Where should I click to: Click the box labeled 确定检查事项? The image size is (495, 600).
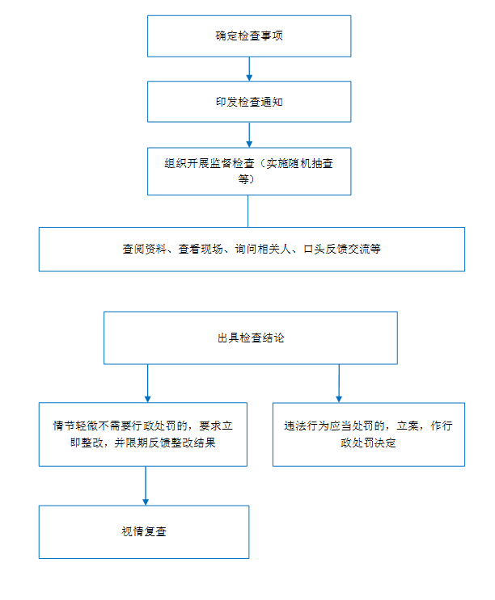click(x=249, y=36)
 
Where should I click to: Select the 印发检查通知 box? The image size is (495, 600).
click(x=249, y=102)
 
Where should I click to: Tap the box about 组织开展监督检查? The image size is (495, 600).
click(x=249, y=171)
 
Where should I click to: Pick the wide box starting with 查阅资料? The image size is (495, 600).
click(x=252, y=250)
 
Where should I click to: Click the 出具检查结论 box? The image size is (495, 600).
click(x=251, y=338)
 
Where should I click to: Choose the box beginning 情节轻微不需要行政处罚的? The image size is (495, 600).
click(x=143, y=434)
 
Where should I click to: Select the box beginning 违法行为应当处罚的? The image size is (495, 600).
click(x=369, y=434)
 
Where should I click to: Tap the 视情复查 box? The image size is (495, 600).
click(x=144, y=532)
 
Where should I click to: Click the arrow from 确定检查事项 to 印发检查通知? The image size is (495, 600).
click(x=249, y=69)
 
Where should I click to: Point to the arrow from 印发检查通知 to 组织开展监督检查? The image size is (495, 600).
click(x=249, y=135)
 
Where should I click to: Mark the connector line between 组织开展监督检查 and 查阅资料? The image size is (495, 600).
click(x=247, y=212)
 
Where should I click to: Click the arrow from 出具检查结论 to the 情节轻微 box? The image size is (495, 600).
click(x=147, y=384)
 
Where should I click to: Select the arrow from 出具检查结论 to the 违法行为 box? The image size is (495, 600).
click(x=339, y=384)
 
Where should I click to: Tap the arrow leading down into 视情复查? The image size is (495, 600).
click(x=146, y=486)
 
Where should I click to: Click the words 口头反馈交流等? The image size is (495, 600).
click(x=342, y=249)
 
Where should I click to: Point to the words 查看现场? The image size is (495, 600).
click(x=201, y=249)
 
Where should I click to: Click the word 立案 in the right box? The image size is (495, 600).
click(x=408, y=426)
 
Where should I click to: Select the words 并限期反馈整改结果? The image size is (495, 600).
click(x=165, y=443)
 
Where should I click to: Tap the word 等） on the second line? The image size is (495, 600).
click(x=246, y=179)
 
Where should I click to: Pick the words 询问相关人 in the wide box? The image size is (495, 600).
click(x=262, y=249)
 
